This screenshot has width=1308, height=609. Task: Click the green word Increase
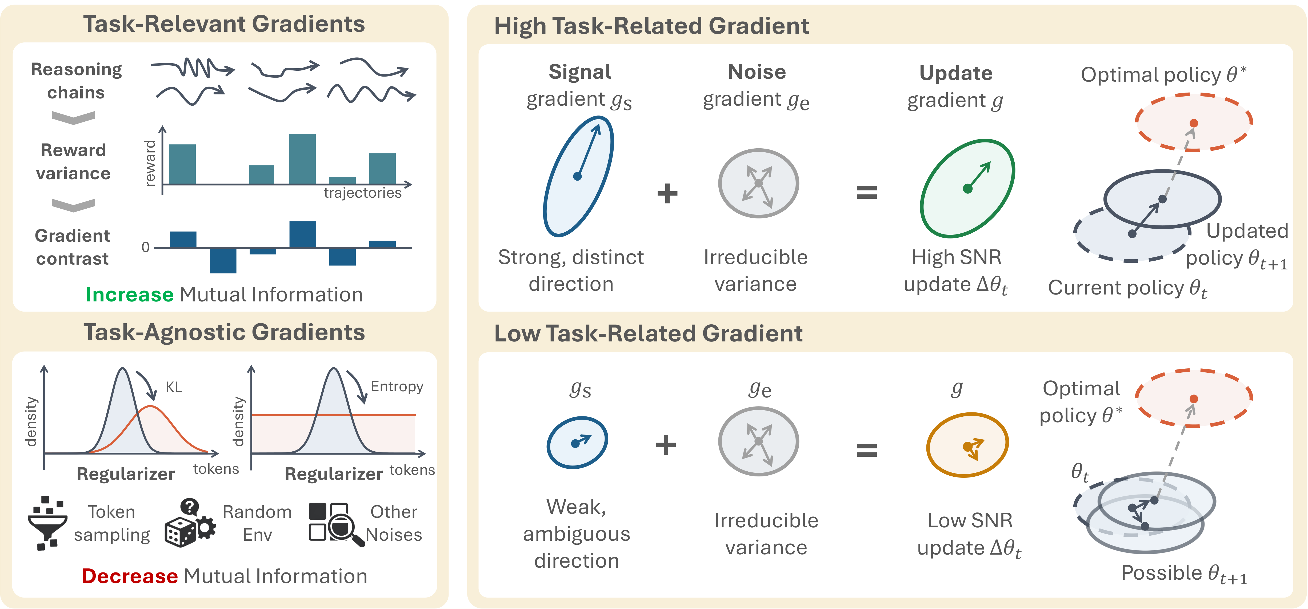130,294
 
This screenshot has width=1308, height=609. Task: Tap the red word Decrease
130,576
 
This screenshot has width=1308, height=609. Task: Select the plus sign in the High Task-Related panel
667,193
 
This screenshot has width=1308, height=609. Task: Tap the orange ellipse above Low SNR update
967,445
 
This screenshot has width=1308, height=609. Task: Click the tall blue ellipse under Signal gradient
578,176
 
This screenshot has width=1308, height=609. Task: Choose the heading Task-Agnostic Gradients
224,332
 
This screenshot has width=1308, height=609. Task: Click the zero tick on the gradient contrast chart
146,247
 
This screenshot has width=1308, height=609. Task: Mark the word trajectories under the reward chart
363,193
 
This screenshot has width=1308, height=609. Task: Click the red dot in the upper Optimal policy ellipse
1194,123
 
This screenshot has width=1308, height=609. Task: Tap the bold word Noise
757,72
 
